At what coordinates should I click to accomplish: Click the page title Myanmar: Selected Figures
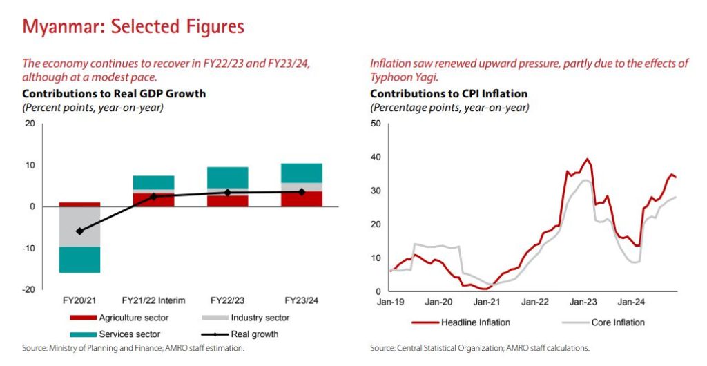(x=133, y=27)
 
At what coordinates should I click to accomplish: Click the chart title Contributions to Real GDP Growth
(x=114, y=93)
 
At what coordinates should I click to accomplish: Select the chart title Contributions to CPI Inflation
(x=449, y=93)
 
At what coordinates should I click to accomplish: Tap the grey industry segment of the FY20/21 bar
(x=79, y=227)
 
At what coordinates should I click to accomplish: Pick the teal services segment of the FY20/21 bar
(x=79, y=260)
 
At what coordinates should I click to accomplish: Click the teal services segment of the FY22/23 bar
(x=227, y=177)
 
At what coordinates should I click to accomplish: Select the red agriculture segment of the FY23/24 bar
(x=301, y=199)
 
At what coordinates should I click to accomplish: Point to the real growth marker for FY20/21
(x=79, y=231)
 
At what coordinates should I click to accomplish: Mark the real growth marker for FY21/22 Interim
(x=153, y=197)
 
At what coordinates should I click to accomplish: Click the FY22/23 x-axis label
(x=227, y=301)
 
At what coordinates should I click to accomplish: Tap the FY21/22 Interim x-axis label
(x=153, y=301)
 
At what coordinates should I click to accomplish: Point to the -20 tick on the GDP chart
(x=30, y=290)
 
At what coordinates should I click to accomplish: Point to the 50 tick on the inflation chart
(x=376, y=124)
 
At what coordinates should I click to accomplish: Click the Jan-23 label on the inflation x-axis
(x=583, y=301)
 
